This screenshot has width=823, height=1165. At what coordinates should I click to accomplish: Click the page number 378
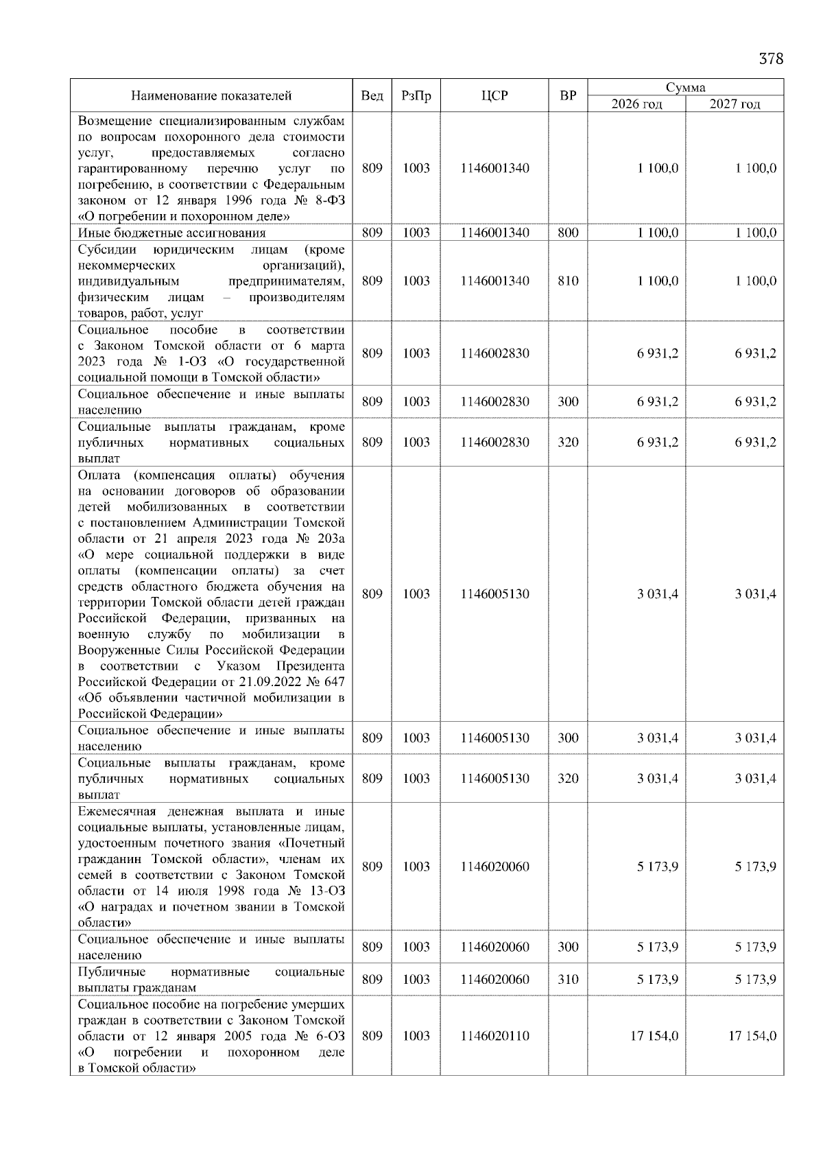[x=770, y=58]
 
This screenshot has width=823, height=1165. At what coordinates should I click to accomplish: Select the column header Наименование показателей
[x=211, y=96]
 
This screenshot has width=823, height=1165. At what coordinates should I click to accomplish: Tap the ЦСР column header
[x=494, y=96]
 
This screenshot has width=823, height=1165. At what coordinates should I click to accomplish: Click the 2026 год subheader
[x=636, y=104]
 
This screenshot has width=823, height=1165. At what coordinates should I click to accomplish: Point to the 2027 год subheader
[x=735, y=104]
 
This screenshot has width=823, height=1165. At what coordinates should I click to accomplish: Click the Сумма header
[x=685, y=87]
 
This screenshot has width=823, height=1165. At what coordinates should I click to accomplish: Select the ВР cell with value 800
[x=567, y=233]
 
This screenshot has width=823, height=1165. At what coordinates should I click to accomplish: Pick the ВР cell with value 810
[x=567, y=281]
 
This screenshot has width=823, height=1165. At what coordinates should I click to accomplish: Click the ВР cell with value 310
[x=567, y=979]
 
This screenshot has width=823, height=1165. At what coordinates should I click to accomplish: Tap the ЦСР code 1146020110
[x=494, y=1035]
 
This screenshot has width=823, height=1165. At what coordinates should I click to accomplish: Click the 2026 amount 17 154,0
[x=654, y=1035]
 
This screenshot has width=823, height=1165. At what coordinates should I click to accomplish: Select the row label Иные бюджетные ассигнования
[x=171, y=233]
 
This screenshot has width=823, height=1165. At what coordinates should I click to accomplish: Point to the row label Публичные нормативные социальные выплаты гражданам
[x=211, y=979]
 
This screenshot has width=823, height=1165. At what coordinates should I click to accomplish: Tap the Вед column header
[x=372, y=96]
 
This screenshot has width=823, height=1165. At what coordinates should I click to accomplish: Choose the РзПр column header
[x=416, y=96]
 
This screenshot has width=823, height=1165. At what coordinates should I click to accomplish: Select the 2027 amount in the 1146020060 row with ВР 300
[x=755, y=947]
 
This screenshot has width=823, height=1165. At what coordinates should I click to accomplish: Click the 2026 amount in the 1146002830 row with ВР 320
[x=657, y=442]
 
